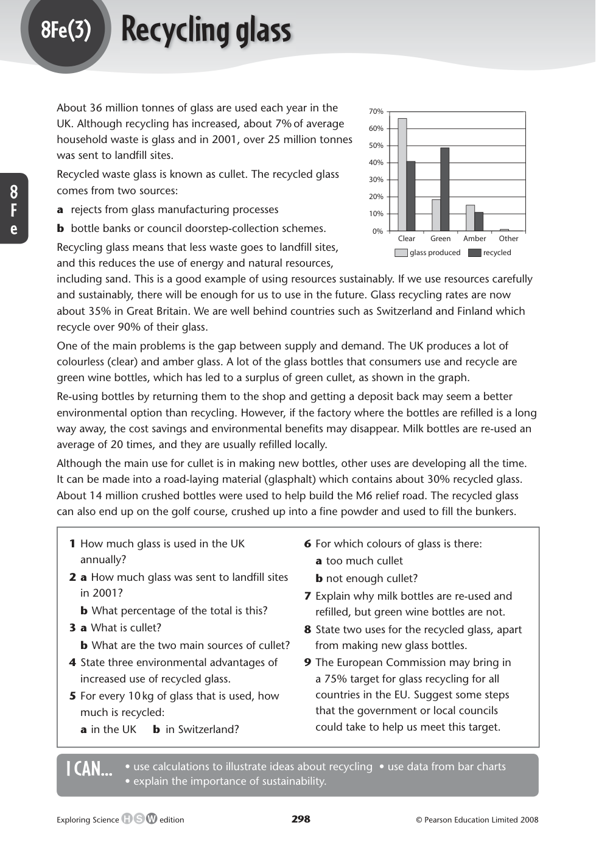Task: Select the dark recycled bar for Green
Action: [444, 189]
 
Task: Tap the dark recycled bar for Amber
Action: [479, 222]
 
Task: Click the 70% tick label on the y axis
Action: [376, 111]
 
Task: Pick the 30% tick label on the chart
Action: [376, 180]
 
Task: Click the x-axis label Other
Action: [508, 239]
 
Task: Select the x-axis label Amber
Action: [474, 239]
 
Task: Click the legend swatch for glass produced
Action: [401, 253]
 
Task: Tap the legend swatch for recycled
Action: [474, 253]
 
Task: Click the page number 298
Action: [301, 819]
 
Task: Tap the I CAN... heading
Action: [89, 770]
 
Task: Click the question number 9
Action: [307, 662]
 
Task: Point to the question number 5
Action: [72, 696]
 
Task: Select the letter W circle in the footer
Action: [151, 819]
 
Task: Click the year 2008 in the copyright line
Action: [528, 819]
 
